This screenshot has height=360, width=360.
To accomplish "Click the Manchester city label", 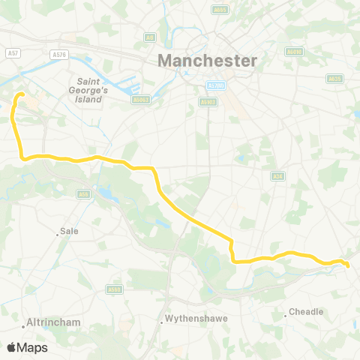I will coord(207,60).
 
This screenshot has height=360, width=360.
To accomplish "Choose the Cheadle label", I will coord(306,311).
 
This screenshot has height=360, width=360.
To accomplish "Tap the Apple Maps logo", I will coord(27,347).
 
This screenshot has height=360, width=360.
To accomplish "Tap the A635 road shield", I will coord(334,78).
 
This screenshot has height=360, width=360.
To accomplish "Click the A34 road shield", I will coord(274,175).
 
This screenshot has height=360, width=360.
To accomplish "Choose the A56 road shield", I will coord(83,193).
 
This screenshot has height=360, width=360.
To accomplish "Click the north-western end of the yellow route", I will coord(20,94).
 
